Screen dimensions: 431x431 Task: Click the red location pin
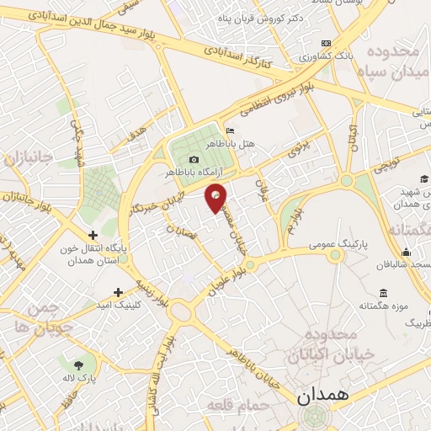point(216,196)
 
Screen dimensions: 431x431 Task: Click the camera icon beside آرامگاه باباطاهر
point(194,160)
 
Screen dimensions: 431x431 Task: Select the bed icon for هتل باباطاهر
point(231,131)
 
